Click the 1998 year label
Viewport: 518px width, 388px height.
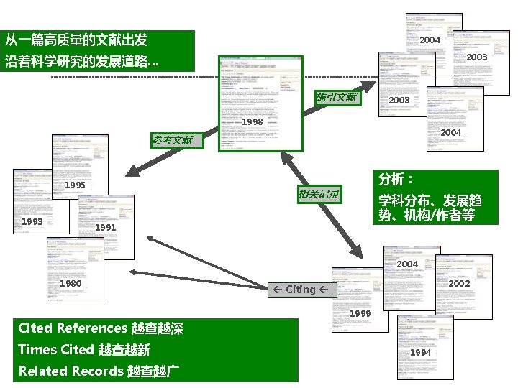tap(252, 122)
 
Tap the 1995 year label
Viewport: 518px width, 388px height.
tap(75, 185)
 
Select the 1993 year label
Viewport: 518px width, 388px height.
tap(32, 222)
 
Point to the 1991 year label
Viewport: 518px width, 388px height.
tap(105, 228)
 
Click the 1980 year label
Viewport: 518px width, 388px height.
tap(70, 284)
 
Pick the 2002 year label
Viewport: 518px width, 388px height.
tap(458, 284)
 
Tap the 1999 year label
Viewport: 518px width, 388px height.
tap(360, 314)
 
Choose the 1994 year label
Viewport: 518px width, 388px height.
tap(420, 353)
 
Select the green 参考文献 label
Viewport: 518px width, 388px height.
tap(173, 141)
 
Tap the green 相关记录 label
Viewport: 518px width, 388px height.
tap(319, 194)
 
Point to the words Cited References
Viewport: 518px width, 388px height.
tap(72, 328)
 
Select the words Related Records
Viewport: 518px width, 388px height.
tap(71, 371)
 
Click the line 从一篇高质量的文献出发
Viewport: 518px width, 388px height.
tap(76, 39)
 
